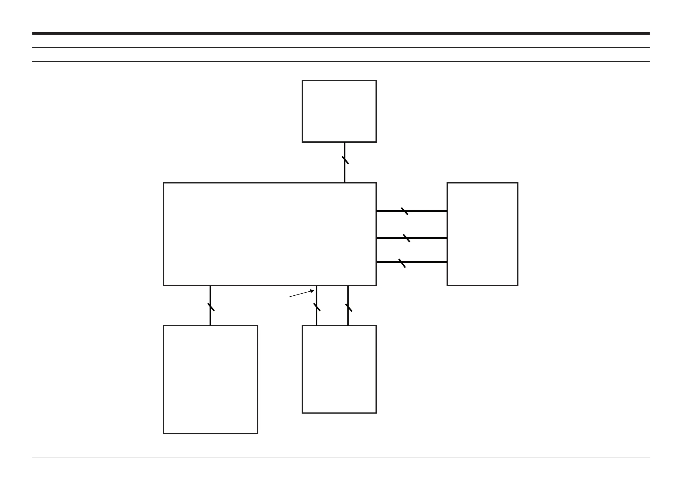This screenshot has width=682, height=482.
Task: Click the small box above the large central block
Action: (x=339, y=111)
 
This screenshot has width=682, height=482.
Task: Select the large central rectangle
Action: (x=270, y=234)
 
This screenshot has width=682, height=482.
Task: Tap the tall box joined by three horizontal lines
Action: (x=482, y=234)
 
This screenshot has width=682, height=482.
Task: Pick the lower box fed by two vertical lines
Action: (x=339, y=369)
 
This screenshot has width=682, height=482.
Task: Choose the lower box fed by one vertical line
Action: (x=210, y=380)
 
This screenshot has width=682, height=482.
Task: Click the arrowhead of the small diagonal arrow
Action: (x=312, y=291)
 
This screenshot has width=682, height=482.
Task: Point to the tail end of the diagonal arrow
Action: (x=290, y=297)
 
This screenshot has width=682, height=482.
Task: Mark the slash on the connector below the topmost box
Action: (x=345, y=160)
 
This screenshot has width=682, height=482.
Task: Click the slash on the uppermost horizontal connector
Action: (x=404, y=211)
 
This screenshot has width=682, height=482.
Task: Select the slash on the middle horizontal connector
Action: (x=406, y=238)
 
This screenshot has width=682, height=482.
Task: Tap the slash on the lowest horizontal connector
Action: (x=402, y=263)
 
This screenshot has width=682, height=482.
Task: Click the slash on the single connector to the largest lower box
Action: (x=211, y=307)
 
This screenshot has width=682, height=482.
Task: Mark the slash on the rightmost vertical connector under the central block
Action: (x=348, y=307)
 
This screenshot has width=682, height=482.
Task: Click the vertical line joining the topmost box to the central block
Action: (x=345, y=172)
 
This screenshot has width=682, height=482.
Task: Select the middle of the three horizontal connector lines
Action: (x=428, y=238)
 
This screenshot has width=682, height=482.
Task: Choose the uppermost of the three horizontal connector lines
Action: (x=428, y=211)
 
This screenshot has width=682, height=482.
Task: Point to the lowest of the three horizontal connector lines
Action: (x=428, y=262)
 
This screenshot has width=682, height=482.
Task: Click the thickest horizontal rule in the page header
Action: (x=341, y=33)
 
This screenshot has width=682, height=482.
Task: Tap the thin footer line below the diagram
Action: (x=341, y=457)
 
